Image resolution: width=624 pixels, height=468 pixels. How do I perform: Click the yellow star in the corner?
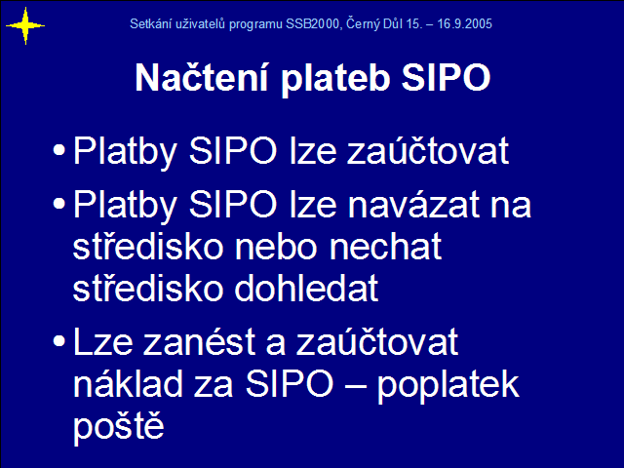click(x=25, y=26)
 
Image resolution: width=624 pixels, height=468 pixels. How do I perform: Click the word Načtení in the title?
click(x=202, y=77)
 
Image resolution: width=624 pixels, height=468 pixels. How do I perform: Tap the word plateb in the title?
click(x=335, y=78)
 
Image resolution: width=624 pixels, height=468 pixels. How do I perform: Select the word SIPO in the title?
click(x=446, y=77)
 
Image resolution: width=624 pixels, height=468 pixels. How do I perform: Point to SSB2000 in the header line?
click(x=312, y=23)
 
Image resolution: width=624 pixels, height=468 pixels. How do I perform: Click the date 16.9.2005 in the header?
click(x=465, y=23)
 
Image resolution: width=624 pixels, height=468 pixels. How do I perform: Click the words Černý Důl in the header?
click(x=374, y=23)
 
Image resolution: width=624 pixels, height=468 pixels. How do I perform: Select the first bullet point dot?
click(x=58, y=150)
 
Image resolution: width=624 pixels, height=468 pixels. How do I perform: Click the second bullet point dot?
click(x=58, y=204)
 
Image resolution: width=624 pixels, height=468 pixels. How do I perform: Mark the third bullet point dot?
click(x=58, y=341)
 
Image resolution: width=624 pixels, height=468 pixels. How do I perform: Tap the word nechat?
click(x=386, y=247)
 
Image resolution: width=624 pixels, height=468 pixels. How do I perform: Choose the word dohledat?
click(x=306, y=288)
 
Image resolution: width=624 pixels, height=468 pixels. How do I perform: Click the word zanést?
click(x=199, y=341)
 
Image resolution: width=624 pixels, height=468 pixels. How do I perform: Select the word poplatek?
click(x=448, y=385)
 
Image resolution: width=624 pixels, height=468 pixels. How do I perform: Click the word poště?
click(x=119, y=425)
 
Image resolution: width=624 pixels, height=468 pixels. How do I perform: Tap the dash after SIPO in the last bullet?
click(x=355, y=385)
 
